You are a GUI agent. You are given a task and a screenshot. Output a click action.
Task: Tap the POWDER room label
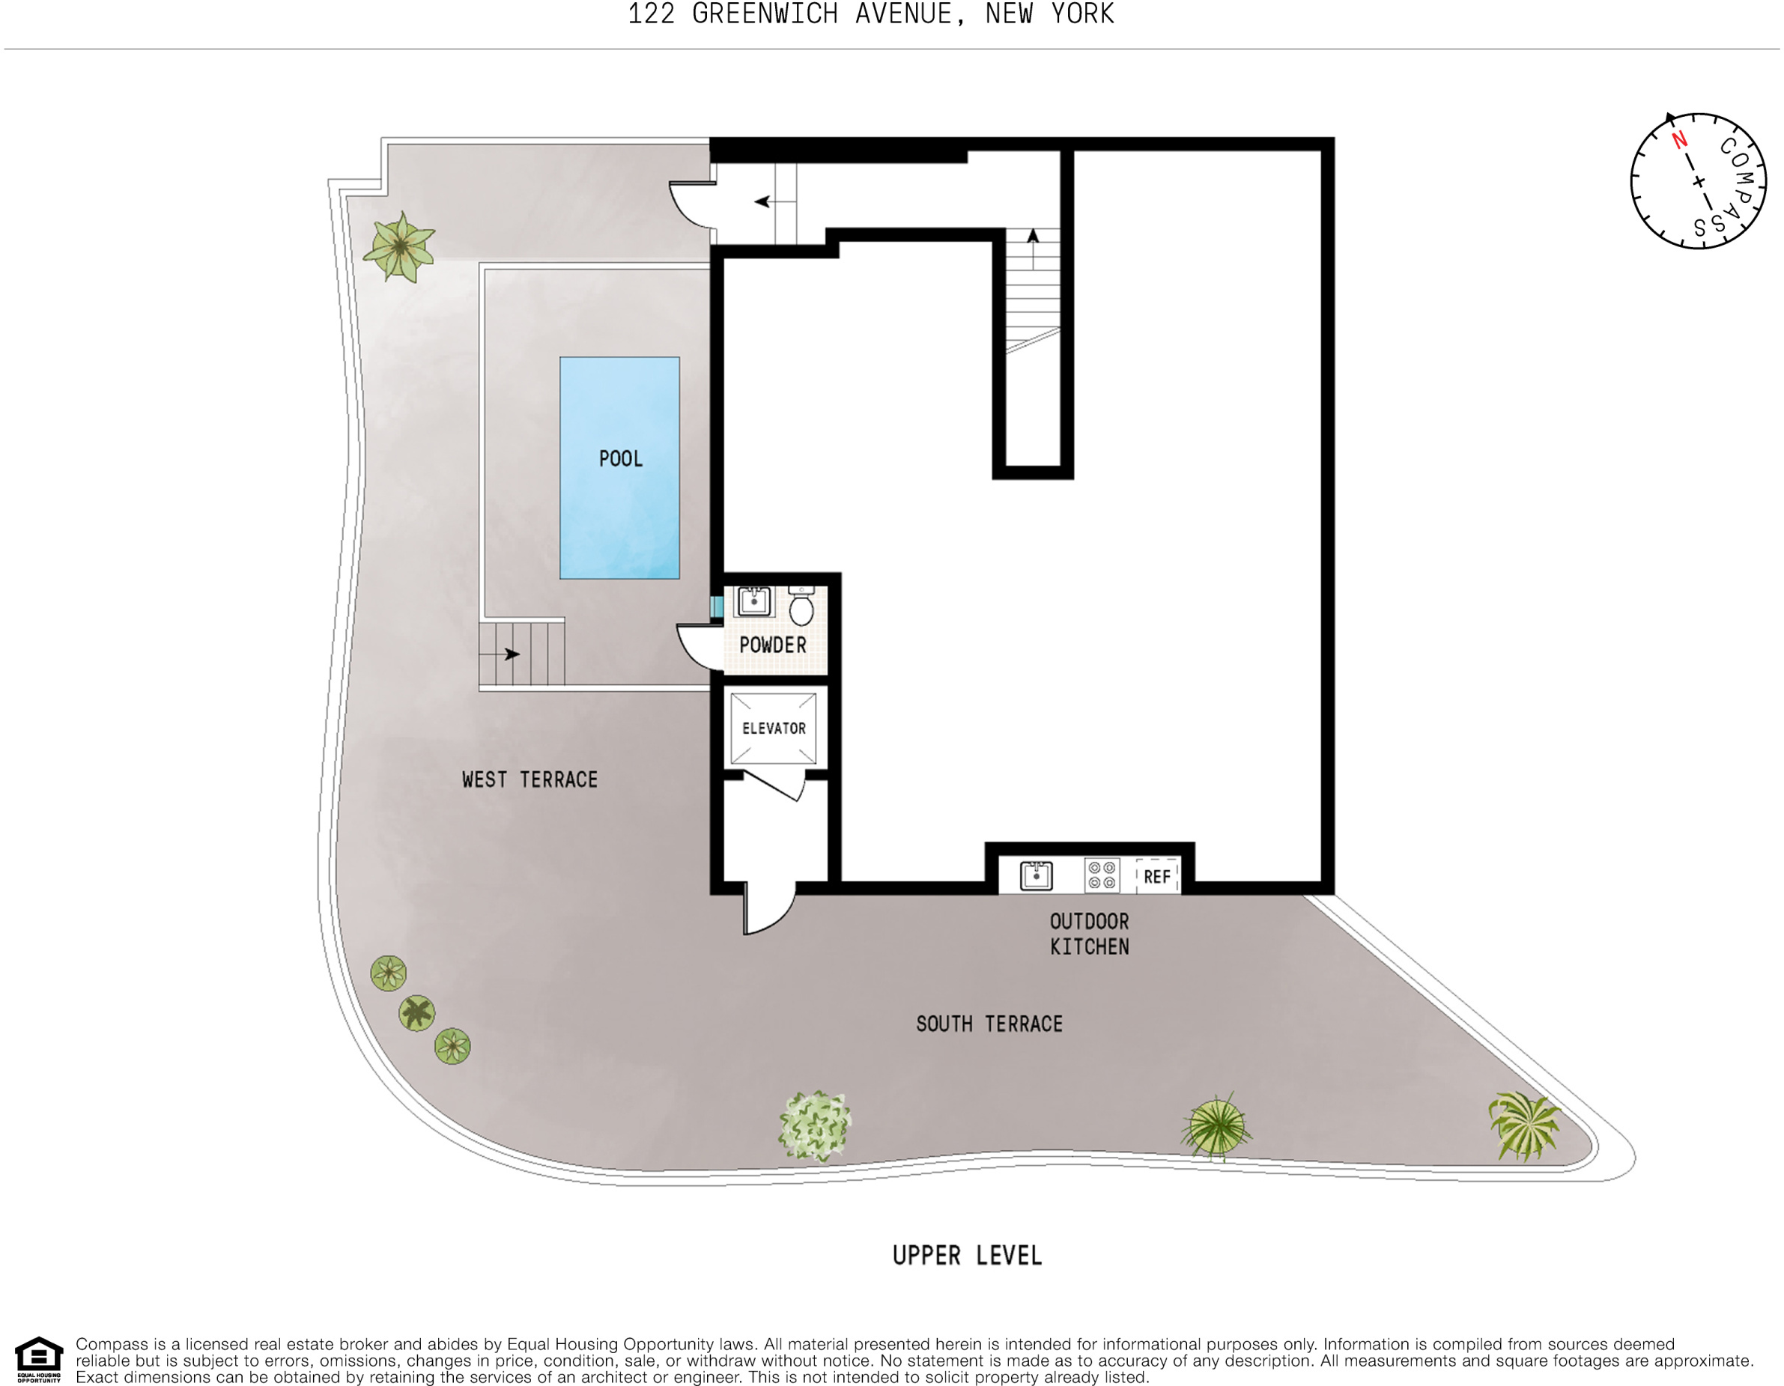[x=772, y=645]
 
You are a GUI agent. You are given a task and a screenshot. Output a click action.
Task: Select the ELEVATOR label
[x=774, y=729]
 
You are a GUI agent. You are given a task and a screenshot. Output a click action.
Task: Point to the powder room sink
[x=753, y=602]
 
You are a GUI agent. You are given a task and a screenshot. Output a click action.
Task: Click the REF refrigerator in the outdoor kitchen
[x=1156, y=877]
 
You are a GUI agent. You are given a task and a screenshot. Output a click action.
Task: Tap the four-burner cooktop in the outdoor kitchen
[x=1102, y=875]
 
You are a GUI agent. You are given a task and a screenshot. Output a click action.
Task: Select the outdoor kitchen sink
[x=1036, y=875]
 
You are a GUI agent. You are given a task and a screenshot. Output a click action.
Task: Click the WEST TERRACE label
[x=530, y=780]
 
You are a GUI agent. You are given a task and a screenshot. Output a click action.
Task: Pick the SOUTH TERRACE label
[x=989, y=1024]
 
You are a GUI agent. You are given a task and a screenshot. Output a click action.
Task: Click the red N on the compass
[x=1679, y=141]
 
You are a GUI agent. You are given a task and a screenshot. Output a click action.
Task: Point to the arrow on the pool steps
[x=512, y=654]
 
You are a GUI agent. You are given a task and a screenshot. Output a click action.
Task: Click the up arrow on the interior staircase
[x=1033, y=237]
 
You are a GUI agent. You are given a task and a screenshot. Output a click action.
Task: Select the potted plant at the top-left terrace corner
[x=399, y=246]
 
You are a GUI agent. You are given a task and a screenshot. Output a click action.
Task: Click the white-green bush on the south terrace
[x=814, y=1126]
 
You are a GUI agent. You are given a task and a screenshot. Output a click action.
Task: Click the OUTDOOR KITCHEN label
[x=1089, y=934]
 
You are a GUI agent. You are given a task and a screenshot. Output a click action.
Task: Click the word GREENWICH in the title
[x=765, y=15]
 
